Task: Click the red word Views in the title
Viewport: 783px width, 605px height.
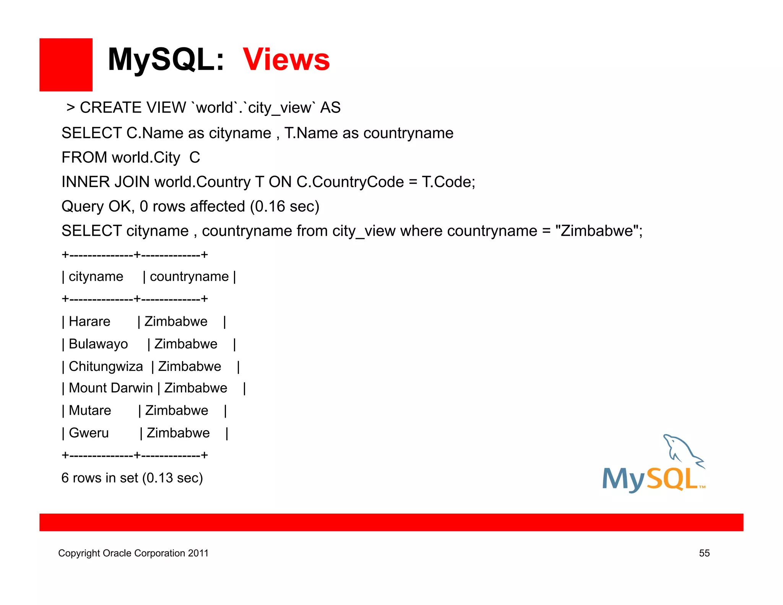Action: coord(286,60)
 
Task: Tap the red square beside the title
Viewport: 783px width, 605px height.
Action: coord(66,65)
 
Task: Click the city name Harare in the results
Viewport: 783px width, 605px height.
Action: coord(89,322)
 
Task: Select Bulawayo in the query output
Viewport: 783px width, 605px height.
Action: coord(98,344)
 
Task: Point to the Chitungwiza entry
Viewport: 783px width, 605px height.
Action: coord(106,366)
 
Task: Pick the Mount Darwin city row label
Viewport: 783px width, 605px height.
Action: coord(110,388)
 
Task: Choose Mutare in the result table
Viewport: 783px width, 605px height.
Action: coord(90,411)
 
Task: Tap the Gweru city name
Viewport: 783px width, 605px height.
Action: coord(89,433)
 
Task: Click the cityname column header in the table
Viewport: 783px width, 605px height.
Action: coord(96,276)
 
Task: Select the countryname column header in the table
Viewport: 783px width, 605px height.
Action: coord(189,276)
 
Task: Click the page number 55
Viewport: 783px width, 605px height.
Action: coord(704,553)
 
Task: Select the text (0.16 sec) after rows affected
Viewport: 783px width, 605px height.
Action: coord(284,207)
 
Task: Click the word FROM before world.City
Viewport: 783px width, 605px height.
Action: coord(84,158)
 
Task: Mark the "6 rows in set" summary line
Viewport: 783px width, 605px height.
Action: coord(132,478)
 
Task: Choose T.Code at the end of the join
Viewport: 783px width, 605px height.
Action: coord(448,182)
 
